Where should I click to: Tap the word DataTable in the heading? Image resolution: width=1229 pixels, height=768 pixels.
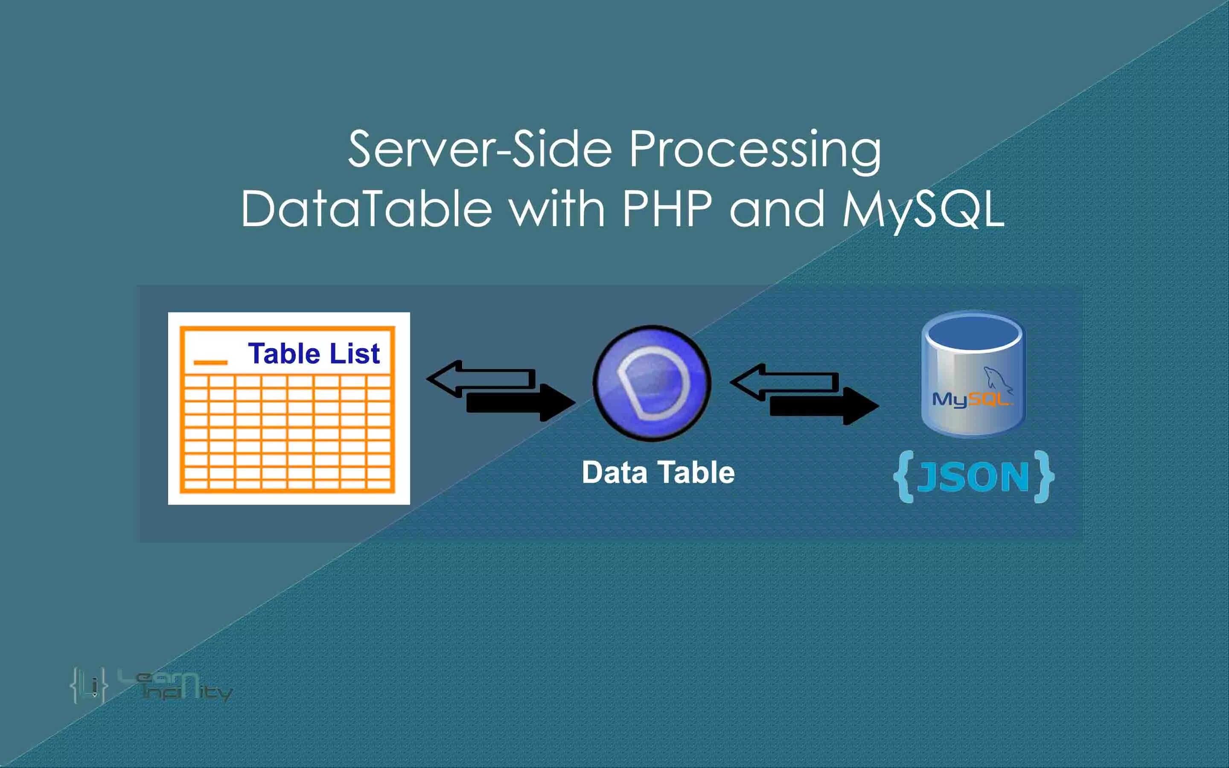click(x=366, y=208)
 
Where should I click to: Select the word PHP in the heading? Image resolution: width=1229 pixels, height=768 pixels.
click(x=667, y=208)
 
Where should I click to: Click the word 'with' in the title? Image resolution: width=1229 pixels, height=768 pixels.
click(x=557, y=208)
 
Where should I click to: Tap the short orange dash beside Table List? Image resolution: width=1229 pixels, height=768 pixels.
click(x=210, y=362)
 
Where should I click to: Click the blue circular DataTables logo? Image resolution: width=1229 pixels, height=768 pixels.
click(x=652, y=383)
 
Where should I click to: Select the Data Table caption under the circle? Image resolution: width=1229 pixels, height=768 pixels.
click(x=658, y=472)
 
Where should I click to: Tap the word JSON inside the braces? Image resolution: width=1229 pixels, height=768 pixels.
click(x=973, y=477)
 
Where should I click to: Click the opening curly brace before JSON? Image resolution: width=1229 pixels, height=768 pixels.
click(x=904, y=477)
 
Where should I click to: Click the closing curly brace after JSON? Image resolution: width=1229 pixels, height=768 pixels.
click(x=1044, y=477)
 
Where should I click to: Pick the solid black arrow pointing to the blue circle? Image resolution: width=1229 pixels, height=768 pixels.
click(x=521, y=403)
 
